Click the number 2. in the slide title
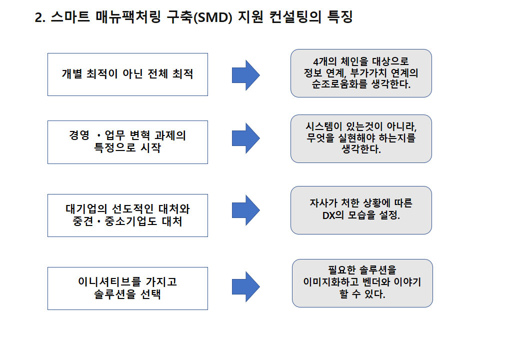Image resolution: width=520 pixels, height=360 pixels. pyautogui.click(x=40, y=17)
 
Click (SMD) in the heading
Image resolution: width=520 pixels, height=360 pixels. pyautogui.click(x=212, y=17)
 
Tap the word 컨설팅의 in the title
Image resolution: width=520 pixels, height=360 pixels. pyautogui.click(x=295, y=17)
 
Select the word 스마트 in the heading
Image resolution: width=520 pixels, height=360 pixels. pyautogui.click(x=70, y=17)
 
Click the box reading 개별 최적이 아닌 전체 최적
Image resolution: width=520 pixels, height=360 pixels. pyautogui.click(x=127, y=74)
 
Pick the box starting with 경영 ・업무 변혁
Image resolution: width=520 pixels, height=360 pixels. pyautogui.click(x=127, y=142)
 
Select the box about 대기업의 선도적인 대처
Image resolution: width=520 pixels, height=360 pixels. pyautogui.click(x=127, y=215)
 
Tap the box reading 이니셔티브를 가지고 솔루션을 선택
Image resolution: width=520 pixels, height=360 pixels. pyautogui.click(x=127, y=288)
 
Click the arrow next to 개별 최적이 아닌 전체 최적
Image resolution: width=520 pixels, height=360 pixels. pyautogui.click(x=245, y=75)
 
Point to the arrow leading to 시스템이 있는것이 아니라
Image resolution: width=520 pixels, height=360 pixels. pyautogui.click(x=245, y=138)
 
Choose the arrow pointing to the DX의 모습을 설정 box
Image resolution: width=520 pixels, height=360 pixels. pyautogui.click(x=245, y=210)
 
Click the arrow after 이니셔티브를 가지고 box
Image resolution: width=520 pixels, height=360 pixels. pyautogui.click(x=245, y=286)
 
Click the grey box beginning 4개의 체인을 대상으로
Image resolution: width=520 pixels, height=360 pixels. pyautogui.click(x=361, y=73)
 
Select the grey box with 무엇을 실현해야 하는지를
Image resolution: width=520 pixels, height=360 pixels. pyautogui.click(x=361, y=138)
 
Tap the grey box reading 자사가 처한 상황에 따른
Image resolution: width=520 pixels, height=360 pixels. pyautogui.click(x=361, y=210)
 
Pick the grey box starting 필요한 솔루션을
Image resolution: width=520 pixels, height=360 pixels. pyautogui.click(x=362, y=283)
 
